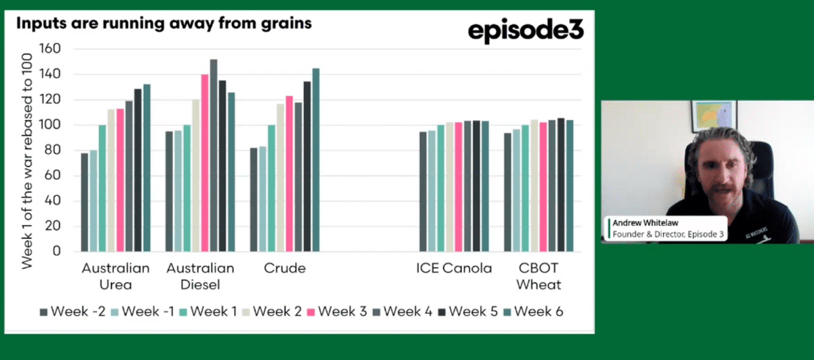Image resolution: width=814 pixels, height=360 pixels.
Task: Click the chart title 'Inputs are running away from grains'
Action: [x=163, y=23]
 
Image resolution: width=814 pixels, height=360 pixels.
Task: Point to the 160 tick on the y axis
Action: [x=51, y=49]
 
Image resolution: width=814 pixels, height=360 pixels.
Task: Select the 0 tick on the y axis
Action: [x=58, y=252]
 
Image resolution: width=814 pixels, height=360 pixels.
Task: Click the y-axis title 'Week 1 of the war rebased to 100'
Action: [x=27, y=151]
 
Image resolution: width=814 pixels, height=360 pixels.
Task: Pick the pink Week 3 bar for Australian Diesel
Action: [x=205, y=163]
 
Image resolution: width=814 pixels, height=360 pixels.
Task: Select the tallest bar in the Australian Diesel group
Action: [x=214, y=155]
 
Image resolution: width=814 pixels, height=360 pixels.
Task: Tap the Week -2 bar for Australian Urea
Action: [x=84, y=202]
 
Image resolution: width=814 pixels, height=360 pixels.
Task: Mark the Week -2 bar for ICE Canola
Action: [x=423, y=192]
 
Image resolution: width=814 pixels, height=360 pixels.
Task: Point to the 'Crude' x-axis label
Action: [x=284, y=268]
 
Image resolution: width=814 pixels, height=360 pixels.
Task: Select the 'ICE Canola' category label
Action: [x=454, y=268]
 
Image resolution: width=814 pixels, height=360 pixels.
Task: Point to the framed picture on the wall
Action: [x=714, y=116]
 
